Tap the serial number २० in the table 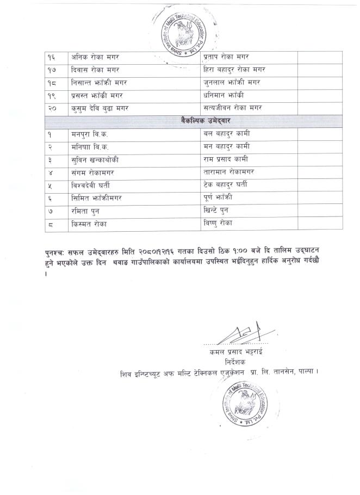53,109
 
